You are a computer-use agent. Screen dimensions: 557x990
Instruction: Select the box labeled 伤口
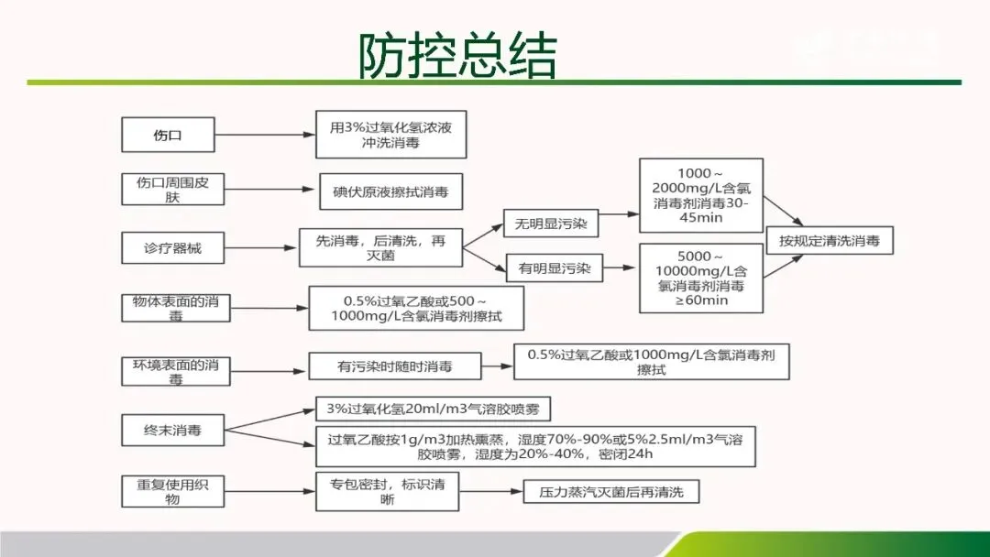[x=167, y=135]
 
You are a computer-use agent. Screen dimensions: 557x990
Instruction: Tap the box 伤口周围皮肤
[x=167, y=190]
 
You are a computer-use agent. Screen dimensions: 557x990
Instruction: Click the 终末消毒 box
[x=172, y=430]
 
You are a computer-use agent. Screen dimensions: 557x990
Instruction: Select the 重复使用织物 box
[x=172, y=490]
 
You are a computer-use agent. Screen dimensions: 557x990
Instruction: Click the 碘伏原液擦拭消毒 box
[x=391, y=191]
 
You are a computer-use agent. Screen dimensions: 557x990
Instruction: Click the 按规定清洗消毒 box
[x=829, y=241]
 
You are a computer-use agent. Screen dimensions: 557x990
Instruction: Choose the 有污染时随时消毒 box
[x=394, y=367]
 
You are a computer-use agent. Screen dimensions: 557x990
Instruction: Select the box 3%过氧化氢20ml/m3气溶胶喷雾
[x=433, y=410]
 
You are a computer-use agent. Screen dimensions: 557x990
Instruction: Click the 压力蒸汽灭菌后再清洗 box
[x=610, y=492]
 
